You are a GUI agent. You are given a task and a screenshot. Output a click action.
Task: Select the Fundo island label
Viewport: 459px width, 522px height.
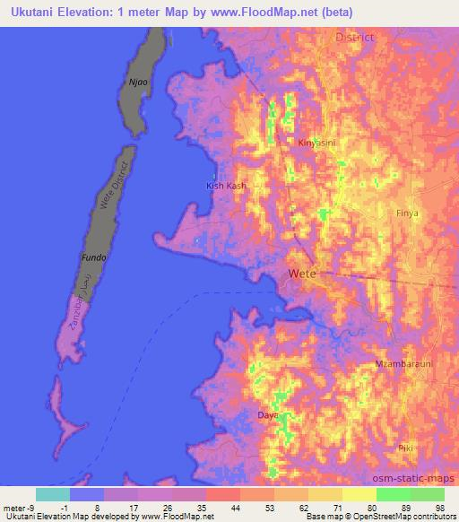click(x=94, y=257)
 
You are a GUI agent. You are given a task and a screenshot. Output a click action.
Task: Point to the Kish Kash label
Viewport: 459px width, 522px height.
click(x=225, y=186)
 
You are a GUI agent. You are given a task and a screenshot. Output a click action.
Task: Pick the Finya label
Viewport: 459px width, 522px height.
click(x=407, y=213)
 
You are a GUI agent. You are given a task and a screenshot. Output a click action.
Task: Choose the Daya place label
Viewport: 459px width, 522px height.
click(x=267, y=416)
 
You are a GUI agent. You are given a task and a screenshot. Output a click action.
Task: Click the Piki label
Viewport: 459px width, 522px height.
click(x=406, y=447)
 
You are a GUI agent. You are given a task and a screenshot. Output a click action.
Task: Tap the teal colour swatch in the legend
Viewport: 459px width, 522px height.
click(x=53, y=493)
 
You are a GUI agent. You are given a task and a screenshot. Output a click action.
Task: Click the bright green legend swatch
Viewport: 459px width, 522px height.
click(x=394, y=493)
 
